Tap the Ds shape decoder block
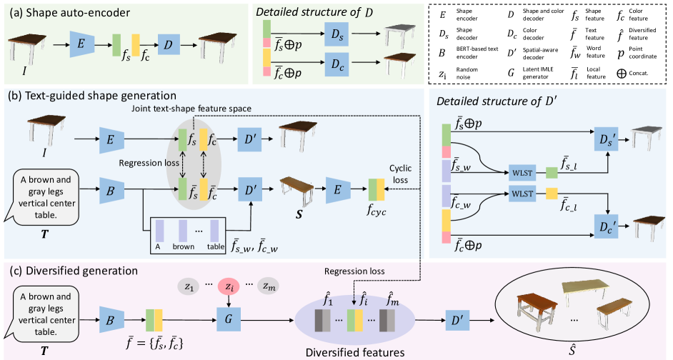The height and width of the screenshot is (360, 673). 336,33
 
